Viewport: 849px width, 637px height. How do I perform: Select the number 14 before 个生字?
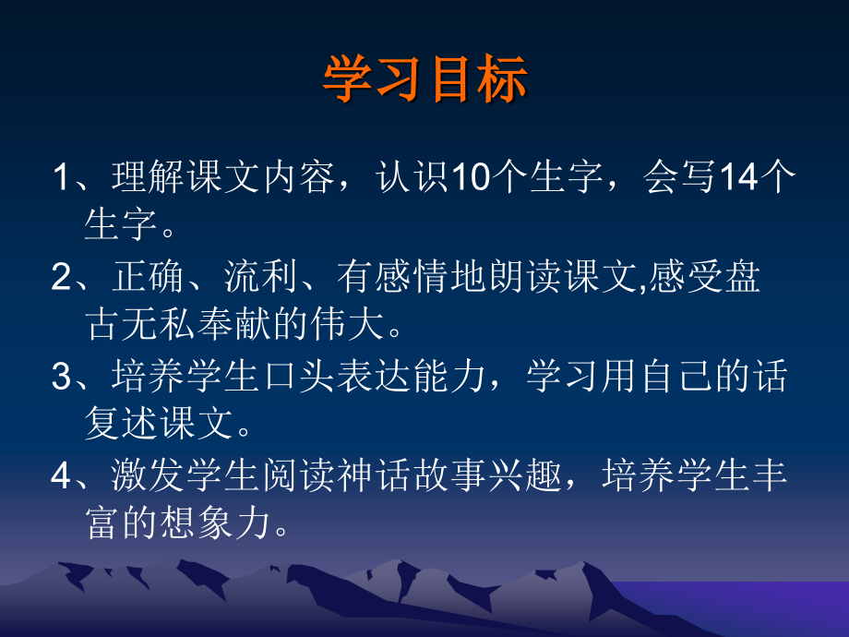735,178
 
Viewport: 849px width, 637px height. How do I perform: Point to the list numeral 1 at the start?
61,178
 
